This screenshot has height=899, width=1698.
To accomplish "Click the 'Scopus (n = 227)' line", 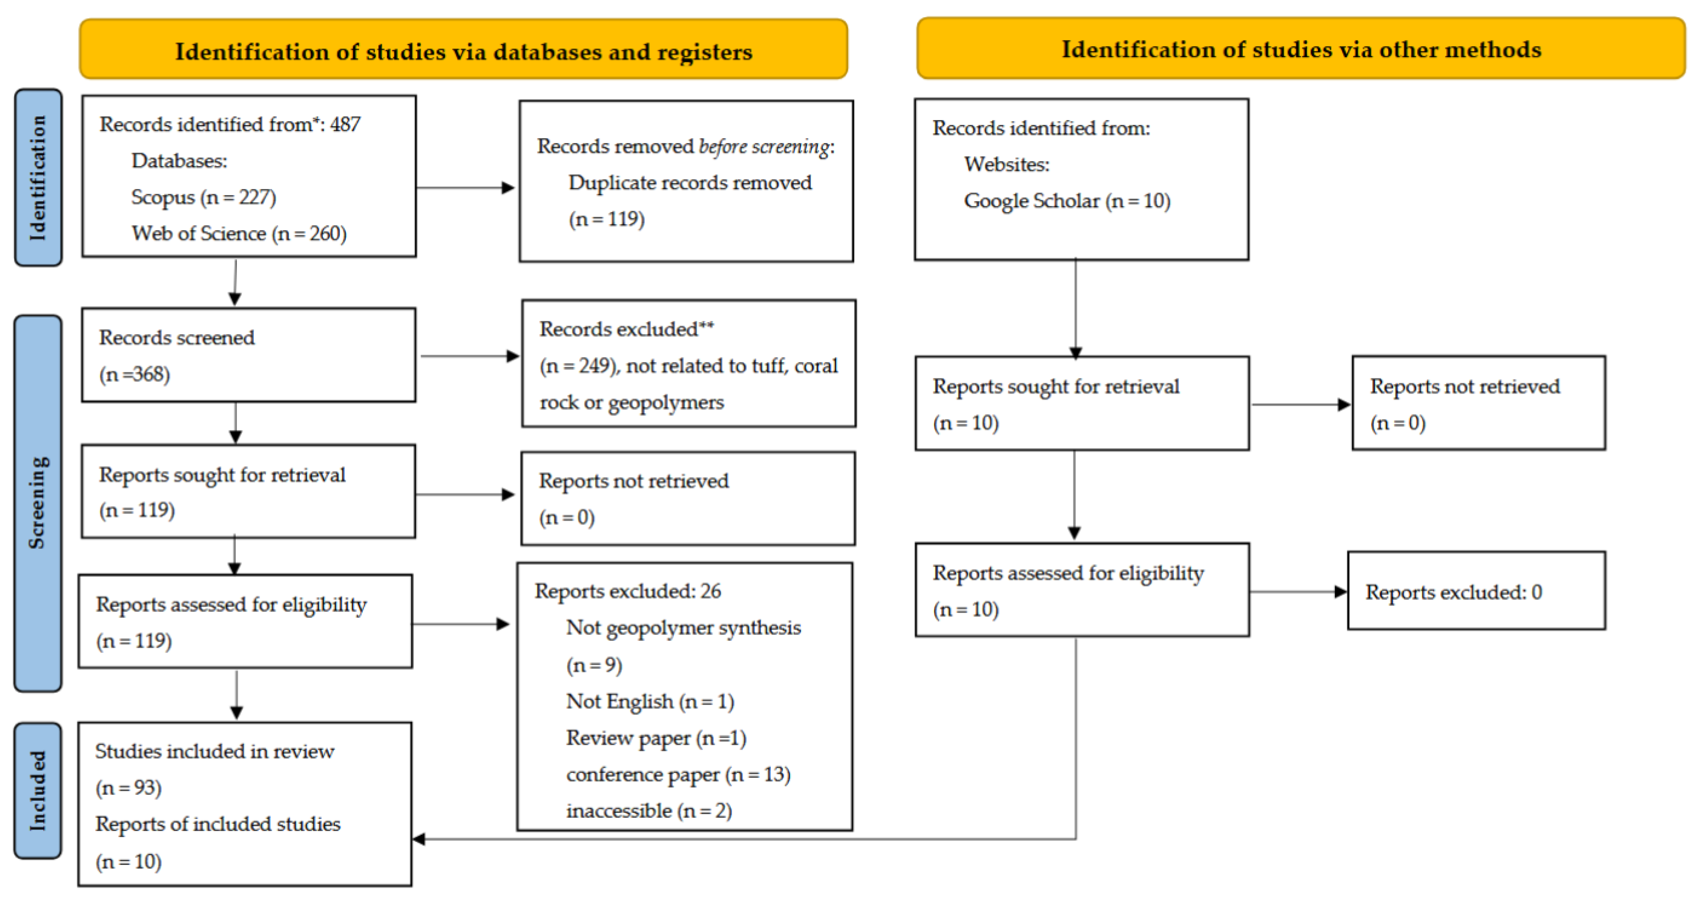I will (203, 197).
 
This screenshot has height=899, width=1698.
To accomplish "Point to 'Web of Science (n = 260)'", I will (239, 233).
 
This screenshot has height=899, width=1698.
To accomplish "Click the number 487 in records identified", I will (345, 124).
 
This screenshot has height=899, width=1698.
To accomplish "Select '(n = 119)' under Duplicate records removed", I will (606, 219).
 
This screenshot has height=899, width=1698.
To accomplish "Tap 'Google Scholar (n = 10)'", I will (1066, 201).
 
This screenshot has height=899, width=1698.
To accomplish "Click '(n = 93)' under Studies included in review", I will (129, 788).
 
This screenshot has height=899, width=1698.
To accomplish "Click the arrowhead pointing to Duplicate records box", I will (508, 188).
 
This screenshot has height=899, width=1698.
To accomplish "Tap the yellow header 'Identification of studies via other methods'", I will (1300, 49).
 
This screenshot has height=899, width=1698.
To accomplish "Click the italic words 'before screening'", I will (763, 146).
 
